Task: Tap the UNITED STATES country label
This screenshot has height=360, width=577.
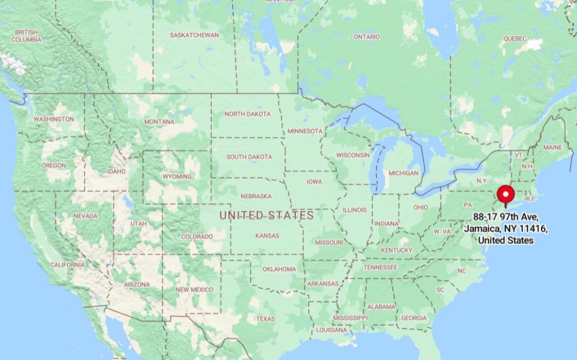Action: (267, 215)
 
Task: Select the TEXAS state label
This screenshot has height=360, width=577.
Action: (265, 319)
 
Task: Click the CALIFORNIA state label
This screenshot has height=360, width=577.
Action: (67, 265)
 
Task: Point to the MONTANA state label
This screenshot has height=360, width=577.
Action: (159, 122)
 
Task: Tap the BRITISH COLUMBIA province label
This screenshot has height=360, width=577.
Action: (26, 36)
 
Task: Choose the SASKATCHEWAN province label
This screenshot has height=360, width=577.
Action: (194, 35)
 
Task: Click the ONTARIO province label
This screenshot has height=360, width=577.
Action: (366, 37)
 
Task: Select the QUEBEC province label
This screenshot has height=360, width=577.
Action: (514, 38)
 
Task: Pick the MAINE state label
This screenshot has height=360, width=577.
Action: (553, 148)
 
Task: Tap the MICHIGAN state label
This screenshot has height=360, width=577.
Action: (403, 173)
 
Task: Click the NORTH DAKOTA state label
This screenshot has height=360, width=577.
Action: (247, 114)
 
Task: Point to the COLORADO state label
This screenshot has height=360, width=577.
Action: (197, 237)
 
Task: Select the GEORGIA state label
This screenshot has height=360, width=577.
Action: (414, 318)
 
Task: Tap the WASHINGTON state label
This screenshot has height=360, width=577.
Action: (54, 119)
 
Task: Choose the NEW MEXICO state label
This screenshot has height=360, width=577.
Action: (194, 290)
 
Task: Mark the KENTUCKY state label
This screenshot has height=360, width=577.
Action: (397, 250)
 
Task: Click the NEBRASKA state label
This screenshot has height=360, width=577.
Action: (256, 197)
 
